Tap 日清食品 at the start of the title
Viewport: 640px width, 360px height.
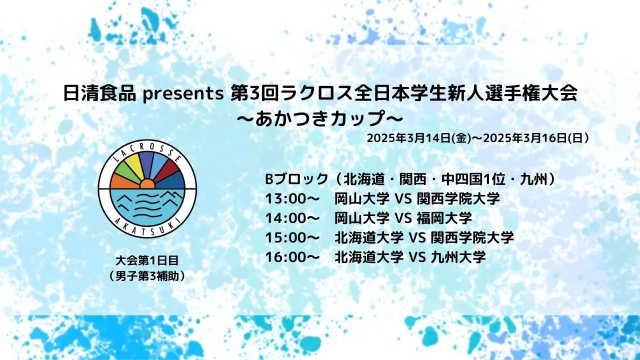coord(99,93)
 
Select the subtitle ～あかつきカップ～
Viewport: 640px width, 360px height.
coord(320,118)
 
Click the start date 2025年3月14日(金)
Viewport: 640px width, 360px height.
coord(419,138)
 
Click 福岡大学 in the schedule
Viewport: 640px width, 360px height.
coord(444,218)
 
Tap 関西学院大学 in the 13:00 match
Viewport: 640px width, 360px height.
coord(458,198)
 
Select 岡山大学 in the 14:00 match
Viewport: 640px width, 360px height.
coord(362,218)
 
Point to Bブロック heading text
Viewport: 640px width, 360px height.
coord(296,179)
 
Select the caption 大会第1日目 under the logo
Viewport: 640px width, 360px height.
coord(147,260)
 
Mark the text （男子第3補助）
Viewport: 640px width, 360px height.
coord(147,276)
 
